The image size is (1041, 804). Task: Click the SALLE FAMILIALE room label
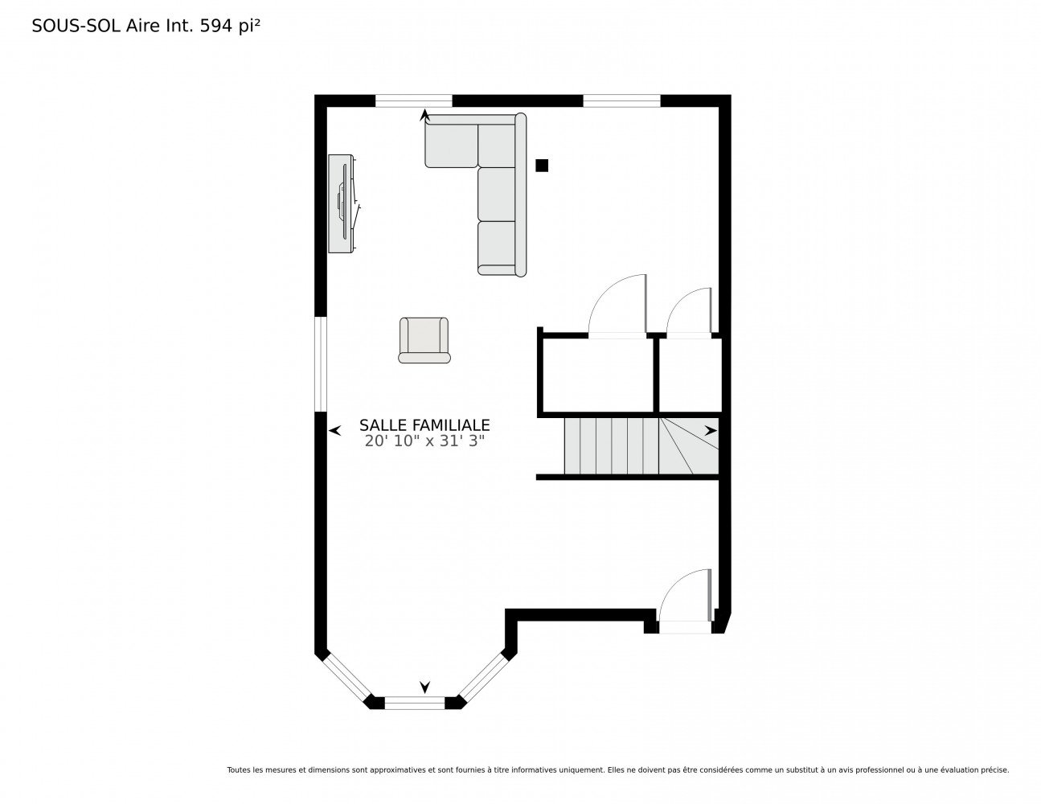click(424, 425)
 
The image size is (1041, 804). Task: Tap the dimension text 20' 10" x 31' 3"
click(424, 441)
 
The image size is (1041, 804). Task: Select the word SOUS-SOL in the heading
click(76, 26)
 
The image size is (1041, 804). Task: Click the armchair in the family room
click(424, 340)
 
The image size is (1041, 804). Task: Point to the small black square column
click(541, 166)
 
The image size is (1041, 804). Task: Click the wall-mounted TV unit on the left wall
click(343, 203)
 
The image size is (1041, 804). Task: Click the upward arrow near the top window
click(424, 115)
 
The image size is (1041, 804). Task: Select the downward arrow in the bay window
click(424, 687)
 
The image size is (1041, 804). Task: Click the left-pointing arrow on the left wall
click(334, 430)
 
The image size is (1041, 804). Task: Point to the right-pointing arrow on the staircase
click(711, 430)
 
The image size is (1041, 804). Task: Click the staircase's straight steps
click(611, 446)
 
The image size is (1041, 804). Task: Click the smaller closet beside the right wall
click(691, 375)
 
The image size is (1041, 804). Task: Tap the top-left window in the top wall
click(413, 100)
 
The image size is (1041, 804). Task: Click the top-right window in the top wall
click(621, 100)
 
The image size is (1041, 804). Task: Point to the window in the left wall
click(321, 364)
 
